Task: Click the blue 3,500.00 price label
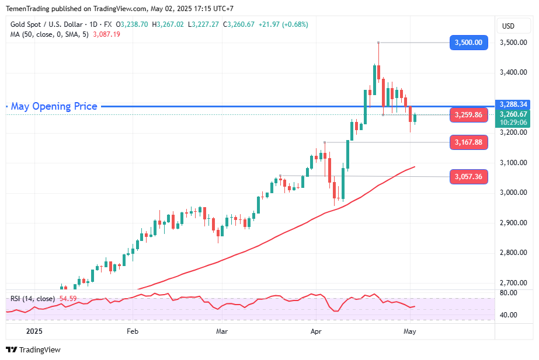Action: [468, 42]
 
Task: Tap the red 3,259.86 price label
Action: [468, 115]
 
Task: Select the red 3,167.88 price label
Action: [468, 142]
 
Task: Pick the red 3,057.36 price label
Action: [468, 176]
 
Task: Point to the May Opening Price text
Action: [54, 106]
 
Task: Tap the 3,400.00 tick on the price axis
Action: [513, 72]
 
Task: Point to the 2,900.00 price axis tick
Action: [513, 223]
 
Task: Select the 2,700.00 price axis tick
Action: [513, 283]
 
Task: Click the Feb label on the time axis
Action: [132, 331]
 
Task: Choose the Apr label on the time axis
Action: [316, 331]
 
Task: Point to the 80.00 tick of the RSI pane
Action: [509, 293]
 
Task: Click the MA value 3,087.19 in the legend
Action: [106, 34]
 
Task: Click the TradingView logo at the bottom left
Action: [33, 349]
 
